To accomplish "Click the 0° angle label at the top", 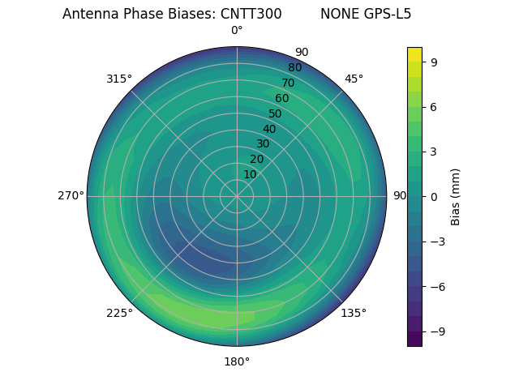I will [x=237, y=31].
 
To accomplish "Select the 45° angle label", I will [x=354, y=79].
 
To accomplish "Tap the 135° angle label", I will [x=354, y=313].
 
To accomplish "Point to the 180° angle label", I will [x=237, y=361].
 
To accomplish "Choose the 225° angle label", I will [x=119, y=314].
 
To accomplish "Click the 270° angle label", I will [x=71, y=196].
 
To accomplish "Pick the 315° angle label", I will [x=119, y=79].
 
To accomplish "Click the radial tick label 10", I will [x=250, y=174].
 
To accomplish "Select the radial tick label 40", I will [x=269, y=129].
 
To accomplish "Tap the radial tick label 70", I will [x=288, y=83].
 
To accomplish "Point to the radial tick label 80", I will [x=294, y=67].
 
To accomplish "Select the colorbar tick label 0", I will [x=435, y=196].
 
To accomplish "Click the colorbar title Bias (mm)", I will [x=456, y=196].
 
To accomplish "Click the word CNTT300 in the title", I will [x=251, y=14].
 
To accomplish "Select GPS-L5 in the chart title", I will [x=388, y=14].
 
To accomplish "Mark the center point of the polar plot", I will [x=237, y=196].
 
